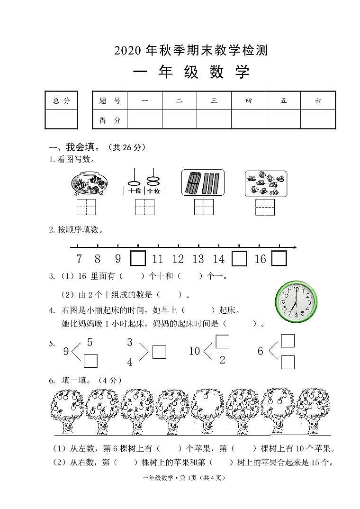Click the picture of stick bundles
(203, 183)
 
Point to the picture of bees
(265, 183)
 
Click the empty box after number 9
(138, 258)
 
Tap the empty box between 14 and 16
(239, 258)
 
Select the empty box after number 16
(279, 258)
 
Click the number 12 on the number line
(178, 259)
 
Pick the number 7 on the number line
(79, 259)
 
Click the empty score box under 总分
(61, 119)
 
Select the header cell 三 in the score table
(214, 100)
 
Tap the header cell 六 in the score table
(318, 100)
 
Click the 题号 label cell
(110, 100)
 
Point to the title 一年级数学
(191, 72)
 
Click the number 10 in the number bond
(195, 351)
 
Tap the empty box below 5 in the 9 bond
(90, 361)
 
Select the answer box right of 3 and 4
(159, 352)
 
